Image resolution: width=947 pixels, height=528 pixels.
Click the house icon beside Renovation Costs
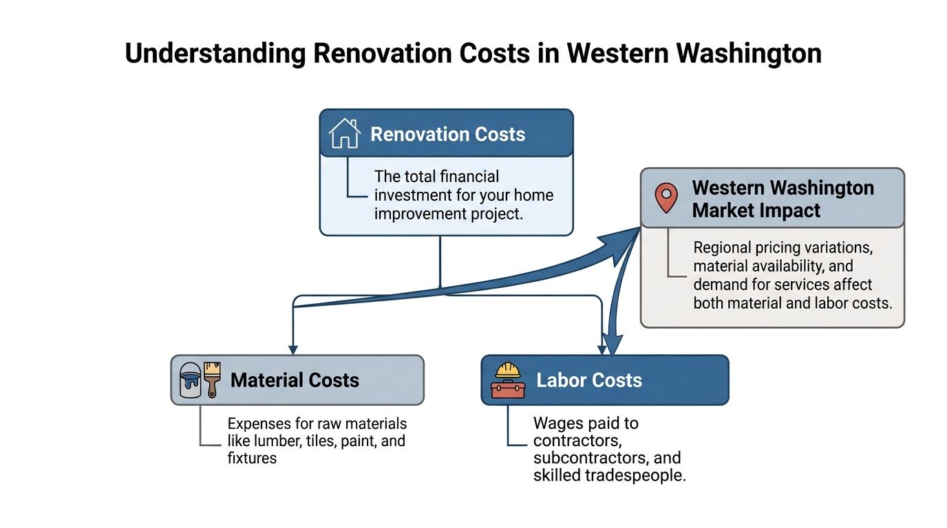(x=345, y=133)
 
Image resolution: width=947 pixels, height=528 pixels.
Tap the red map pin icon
(x=666, y=197)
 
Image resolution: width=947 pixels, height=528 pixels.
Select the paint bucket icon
(x=191, y=380)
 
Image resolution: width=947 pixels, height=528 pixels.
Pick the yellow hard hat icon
(x=509, y=370)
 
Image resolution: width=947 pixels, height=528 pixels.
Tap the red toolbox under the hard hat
(x=508, y=388)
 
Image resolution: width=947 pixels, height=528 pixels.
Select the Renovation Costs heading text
(x=447, y=134)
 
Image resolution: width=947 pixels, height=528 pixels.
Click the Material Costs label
(x=295, y=380)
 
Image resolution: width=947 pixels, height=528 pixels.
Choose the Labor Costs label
(x=589, y=380)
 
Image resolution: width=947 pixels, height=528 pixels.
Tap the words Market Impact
(x=756, y=210)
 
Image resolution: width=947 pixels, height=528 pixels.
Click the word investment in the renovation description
(x=412, y=195)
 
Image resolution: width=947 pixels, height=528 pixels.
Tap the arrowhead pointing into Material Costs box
(x=293, y=349)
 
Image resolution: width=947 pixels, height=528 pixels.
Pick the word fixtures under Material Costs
(x=252, y=458)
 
